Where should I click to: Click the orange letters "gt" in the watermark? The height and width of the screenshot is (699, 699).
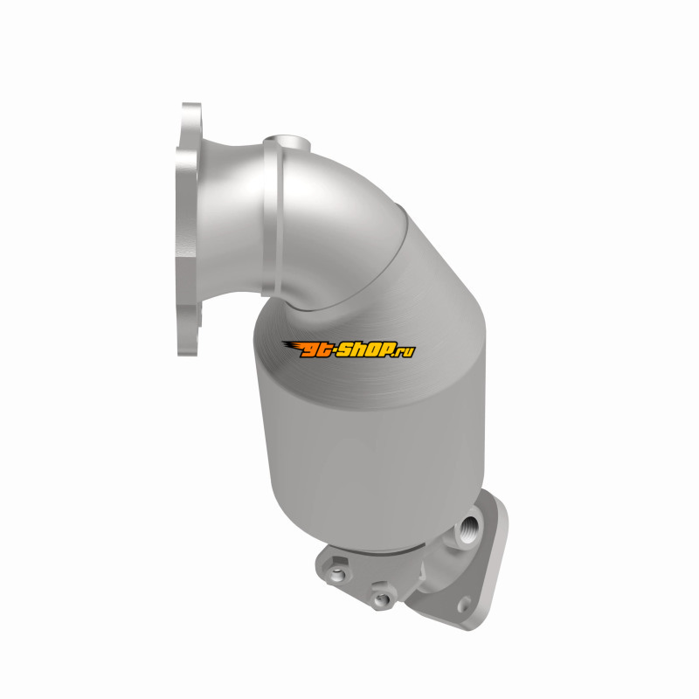pos(315,350)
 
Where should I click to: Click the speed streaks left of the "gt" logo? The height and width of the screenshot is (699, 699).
pos(293,346)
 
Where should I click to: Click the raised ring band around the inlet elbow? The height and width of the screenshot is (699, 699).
pos(272,218)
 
